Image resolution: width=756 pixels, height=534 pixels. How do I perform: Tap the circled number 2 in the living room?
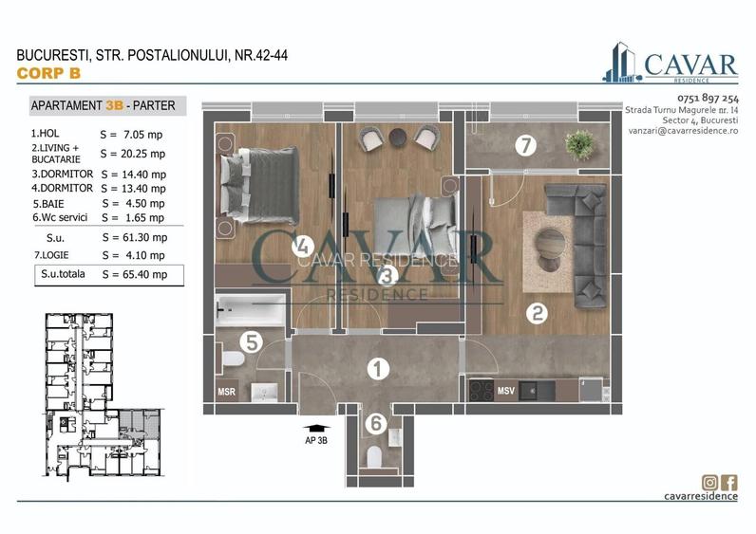point(537,314)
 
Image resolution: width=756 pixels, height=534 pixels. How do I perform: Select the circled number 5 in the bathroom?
point(250,341)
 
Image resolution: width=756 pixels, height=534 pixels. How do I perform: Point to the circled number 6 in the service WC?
point(376,424)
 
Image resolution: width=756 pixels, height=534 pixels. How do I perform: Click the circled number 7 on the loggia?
point(525,146)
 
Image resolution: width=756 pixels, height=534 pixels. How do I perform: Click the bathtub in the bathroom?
point(251,310)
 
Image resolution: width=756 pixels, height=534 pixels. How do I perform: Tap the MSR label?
point(228,391)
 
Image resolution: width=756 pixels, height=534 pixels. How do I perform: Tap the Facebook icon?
point(728,482)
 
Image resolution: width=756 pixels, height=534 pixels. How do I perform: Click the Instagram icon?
point(709,482)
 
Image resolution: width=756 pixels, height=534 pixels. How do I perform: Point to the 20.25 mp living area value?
point(132,154)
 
